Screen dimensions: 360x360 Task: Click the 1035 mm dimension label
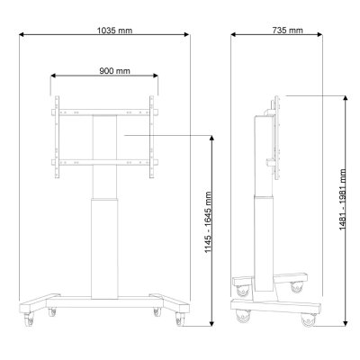[x=113, y=30]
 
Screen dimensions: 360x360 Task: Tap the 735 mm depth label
[x=284, y=30]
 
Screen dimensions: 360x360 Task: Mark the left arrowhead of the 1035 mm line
[x=19, y=37]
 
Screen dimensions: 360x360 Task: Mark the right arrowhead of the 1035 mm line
[x=188, y=37]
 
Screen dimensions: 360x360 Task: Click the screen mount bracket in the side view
[x=274, y=135]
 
